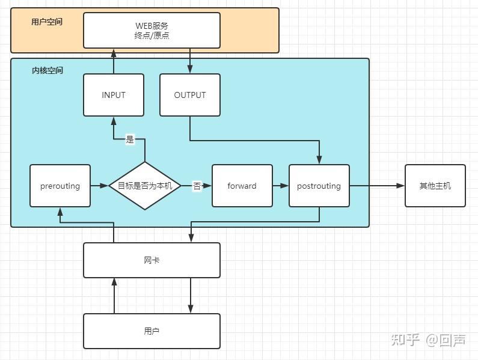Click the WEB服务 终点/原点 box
tap(152, 30)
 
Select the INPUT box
tap(114, 95)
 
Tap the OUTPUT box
tap(190, 95)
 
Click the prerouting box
tap(60, 186)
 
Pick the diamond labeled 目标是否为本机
tap(145, 186)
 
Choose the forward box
tap(242, 186)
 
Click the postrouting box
tap(319, 186)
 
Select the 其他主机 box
tap(435, 186)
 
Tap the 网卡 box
tap(152, 260)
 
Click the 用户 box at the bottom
tap(152, 331)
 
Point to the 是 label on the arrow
tap(130, 140)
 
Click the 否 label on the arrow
tap(197, 186)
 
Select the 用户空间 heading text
tap(47, 22)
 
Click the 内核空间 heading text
tap(47, 70)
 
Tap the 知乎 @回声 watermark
tap(428, 340)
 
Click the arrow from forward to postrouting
tap(281, 186)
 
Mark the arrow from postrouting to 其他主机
tap(377, 186)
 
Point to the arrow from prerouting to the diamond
tap(99, 186)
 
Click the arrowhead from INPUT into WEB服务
tap(114, 53)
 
